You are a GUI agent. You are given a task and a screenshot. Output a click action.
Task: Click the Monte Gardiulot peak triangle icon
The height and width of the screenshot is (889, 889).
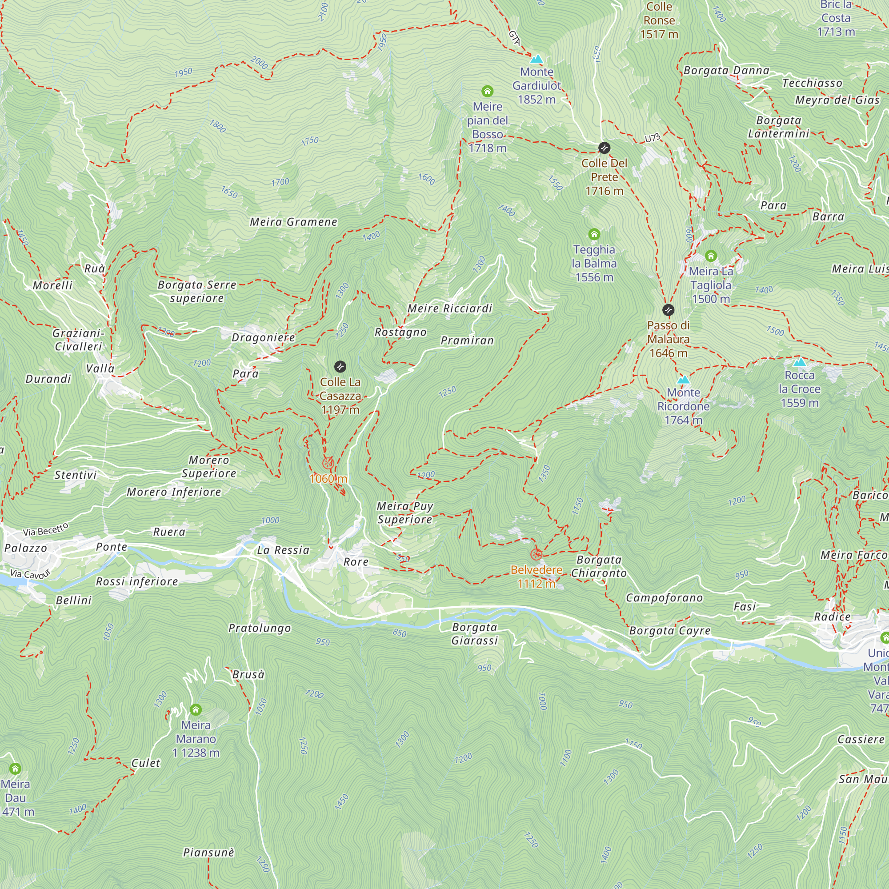[537, 59]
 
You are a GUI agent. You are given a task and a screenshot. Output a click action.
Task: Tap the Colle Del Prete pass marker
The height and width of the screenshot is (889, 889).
[604, 148]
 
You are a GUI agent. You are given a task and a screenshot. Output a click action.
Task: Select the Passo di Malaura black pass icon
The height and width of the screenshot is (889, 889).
[668, 310]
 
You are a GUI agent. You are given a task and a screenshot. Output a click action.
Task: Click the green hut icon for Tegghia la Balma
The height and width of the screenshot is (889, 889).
[594, 234]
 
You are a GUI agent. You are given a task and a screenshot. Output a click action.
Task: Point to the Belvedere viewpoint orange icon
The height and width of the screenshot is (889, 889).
[536, 554]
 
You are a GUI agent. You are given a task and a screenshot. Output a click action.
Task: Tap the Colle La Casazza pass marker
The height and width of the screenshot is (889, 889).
[340, 367]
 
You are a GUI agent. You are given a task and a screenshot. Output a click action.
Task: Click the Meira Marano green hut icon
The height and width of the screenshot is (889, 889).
[196, 709]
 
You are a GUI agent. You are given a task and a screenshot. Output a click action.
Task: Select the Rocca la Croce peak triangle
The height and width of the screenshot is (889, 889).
[800, 362]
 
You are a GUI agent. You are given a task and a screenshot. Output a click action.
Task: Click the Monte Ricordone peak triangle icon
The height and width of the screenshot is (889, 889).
[683, 380]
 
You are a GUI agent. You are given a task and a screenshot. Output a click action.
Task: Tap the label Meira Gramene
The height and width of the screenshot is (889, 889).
[293, 222]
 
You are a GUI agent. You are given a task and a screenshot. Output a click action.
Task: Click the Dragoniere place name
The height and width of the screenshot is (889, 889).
[263, 337]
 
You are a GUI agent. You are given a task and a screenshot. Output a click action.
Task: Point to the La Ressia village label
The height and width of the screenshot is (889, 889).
[283, 550]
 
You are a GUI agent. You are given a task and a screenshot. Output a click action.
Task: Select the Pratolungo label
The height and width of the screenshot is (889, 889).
[260, 628]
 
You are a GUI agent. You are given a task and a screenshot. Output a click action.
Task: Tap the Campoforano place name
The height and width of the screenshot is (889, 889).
[664, 598]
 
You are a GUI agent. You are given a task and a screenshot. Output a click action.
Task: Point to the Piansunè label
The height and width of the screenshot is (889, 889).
[208, 852]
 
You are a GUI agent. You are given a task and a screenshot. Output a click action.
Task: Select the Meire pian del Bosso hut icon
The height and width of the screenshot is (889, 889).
[487, 91]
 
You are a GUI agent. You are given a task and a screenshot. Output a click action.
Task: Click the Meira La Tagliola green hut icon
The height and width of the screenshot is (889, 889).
[711, 256]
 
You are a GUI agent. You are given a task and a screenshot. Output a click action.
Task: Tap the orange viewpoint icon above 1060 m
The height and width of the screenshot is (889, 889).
[328, 463]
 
